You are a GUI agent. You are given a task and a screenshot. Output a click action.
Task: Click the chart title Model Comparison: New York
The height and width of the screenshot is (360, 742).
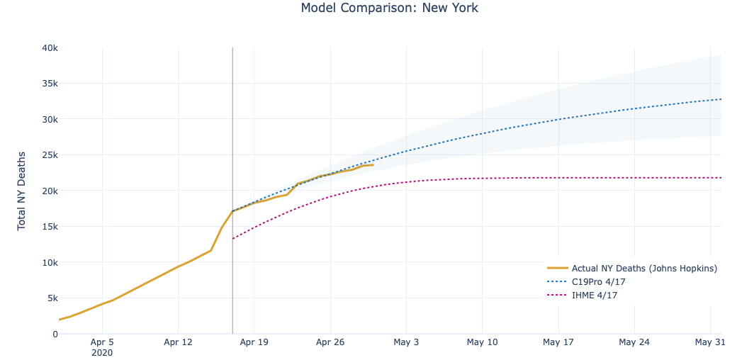[x=389, y=9]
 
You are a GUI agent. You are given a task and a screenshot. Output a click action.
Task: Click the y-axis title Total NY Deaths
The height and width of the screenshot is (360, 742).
[x=22, y=190]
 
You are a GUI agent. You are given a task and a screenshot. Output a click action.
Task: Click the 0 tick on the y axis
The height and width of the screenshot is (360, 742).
[x=55, y=334]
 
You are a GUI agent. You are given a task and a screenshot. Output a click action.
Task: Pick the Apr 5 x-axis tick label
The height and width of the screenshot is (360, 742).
[x=103, y=342]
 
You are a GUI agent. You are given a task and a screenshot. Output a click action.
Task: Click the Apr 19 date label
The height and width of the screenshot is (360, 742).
[x=254, y=342]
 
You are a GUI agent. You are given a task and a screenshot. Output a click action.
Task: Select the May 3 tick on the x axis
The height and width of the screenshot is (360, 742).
[x=405, y=342]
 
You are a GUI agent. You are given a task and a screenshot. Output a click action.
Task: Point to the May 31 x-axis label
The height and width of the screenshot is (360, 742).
[x=711, y=342]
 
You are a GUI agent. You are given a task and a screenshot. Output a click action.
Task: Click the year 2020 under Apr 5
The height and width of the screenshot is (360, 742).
[x=103, y=352]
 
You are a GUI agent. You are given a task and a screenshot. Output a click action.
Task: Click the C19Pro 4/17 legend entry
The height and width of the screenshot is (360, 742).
[x=598, y=281]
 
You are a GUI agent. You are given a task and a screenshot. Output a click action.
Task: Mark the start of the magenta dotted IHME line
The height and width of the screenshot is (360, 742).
[x=233, y=239]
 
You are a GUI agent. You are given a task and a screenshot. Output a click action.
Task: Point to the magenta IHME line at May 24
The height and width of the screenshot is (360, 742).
[x=634, y=178]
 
